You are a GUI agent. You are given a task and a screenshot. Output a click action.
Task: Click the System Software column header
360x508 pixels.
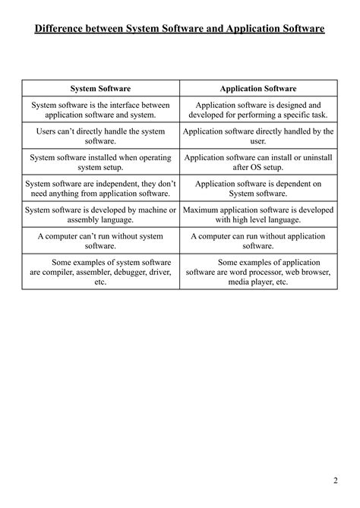point(101,89)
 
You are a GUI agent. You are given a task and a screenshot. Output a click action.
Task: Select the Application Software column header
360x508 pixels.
point(257,89)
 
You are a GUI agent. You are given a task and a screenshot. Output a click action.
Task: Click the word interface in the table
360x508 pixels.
point(136,105)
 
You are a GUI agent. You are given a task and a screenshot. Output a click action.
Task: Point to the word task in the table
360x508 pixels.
point(311,115)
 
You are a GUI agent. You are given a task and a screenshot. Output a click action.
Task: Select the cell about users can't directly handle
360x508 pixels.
point(101,137)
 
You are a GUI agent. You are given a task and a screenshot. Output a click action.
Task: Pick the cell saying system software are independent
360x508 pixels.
point(101,189)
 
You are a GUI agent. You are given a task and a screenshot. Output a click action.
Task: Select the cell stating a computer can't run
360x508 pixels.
point(101,241)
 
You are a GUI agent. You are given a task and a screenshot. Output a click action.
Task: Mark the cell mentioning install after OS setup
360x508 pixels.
point(257,163)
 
